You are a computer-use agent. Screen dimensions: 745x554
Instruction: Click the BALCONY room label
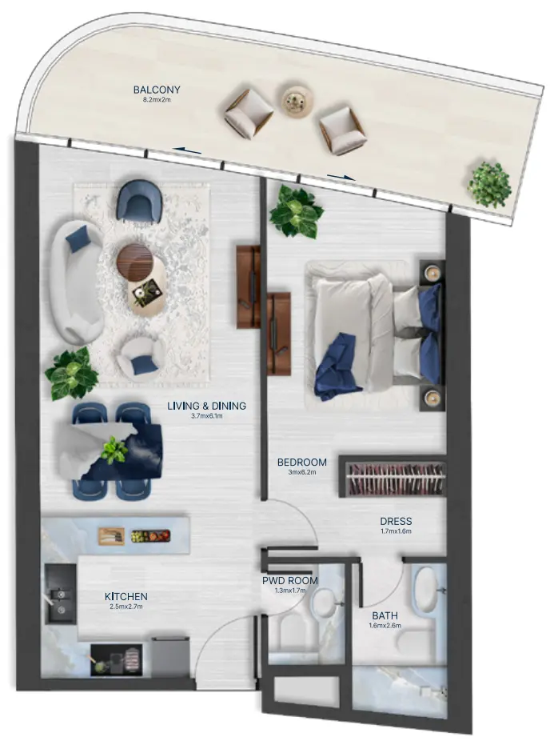tap(157, 90)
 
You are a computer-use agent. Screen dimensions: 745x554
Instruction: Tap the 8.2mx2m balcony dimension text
tap(157, 101)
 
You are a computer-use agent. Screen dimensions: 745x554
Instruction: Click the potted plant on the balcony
tap(489, 185)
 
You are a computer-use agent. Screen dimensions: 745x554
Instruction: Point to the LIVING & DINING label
tap(206, 406)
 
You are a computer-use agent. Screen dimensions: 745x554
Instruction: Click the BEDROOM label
tap(301, 462)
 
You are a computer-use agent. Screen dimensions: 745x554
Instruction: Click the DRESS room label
tap(396, 521)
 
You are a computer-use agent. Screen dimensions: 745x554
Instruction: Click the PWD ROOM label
tap(289, 580)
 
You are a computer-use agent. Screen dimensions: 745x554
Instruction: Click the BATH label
tap(385, 615)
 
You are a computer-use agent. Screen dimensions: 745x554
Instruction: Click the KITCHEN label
tap(126, 596)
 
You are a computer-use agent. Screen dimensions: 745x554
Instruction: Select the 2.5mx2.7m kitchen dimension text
tap(126, 607)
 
